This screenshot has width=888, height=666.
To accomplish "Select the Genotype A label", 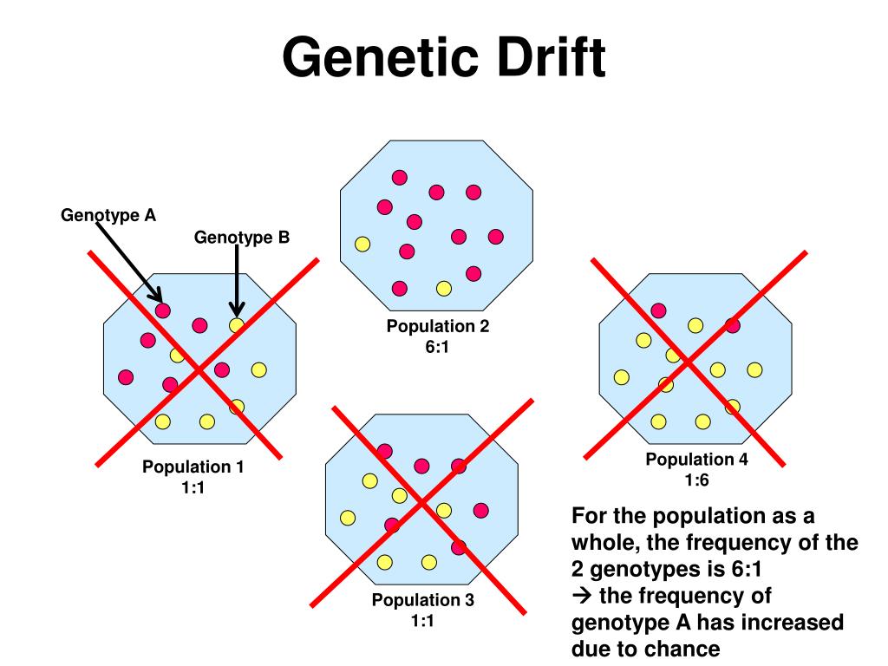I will (x=108, y=216).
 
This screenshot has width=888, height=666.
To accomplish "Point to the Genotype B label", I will (x=241, y=238).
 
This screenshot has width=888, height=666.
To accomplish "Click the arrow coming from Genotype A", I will (x=128, y=260).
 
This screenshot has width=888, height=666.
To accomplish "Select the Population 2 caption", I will (x=438, y=327).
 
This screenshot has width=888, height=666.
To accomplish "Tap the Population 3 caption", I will (x=423, y=600).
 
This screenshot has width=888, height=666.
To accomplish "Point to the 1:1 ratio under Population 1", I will (x=193, y=488).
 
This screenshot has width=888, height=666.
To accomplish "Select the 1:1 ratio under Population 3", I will (x=423, y=620).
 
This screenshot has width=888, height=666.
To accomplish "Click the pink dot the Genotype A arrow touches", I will (x=163, y=310).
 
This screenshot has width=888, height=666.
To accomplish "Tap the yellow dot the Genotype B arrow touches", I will (x=237, y=325).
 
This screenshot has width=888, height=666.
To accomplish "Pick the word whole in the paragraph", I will (x=599, y=543).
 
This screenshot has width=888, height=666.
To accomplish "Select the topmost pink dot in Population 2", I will (x=399, y=177).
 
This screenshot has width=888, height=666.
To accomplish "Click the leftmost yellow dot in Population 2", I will (x=362, y=245).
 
